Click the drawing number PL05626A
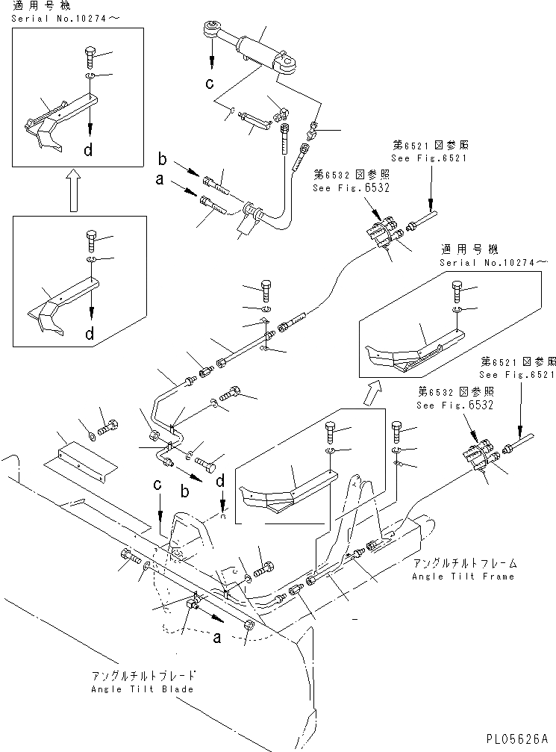coord(519,737)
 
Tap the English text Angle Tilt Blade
coord(143,689)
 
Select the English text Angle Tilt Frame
coord(463,577)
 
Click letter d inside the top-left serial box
coord(89,152)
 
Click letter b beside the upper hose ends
coord(161,159)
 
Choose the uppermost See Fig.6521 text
coord(429,159)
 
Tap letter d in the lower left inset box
coord(89,332)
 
